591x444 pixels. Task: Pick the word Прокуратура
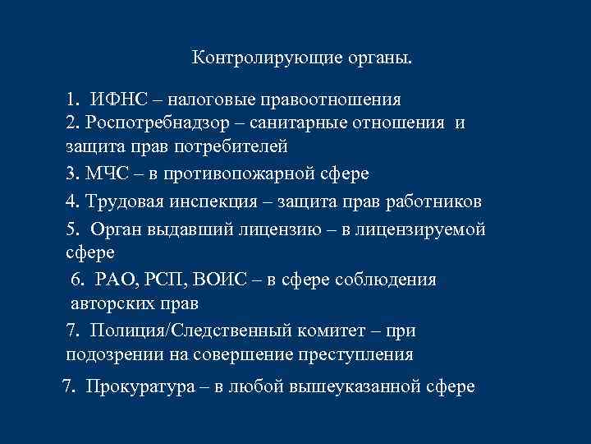pos(141,386)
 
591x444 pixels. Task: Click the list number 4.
pos(71,201)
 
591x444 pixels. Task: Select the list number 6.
pos(78,280)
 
